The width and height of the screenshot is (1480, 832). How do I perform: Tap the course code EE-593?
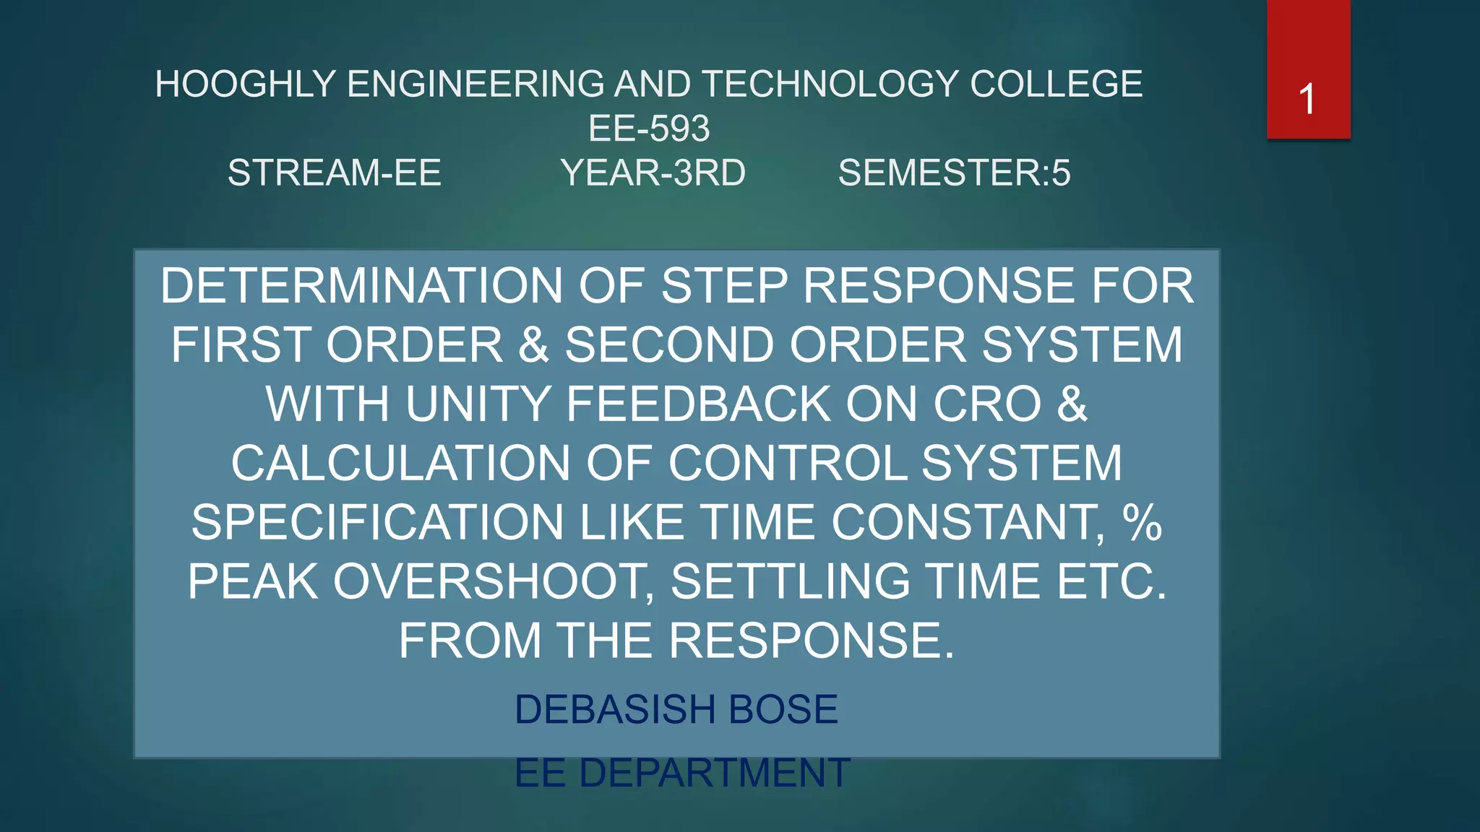pos(649,129)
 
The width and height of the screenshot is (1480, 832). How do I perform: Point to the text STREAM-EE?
pos(334,173)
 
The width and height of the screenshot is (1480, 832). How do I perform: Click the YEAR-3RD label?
pos(653,173)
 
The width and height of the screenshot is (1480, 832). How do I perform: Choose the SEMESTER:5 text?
pos(954,173)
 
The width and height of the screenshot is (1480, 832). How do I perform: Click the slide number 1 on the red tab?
pos(1307,99)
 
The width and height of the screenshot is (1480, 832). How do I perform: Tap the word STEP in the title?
pos(723,286)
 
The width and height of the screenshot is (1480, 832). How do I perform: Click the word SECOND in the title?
pos(668,345)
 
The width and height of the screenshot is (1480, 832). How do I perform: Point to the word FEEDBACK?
pos(697,404)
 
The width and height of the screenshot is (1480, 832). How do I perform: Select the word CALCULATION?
pos(400,464)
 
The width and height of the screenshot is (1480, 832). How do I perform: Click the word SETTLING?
pos(790,582)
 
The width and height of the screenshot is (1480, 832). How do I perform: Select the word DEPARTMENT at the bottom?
pos(714,773)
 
